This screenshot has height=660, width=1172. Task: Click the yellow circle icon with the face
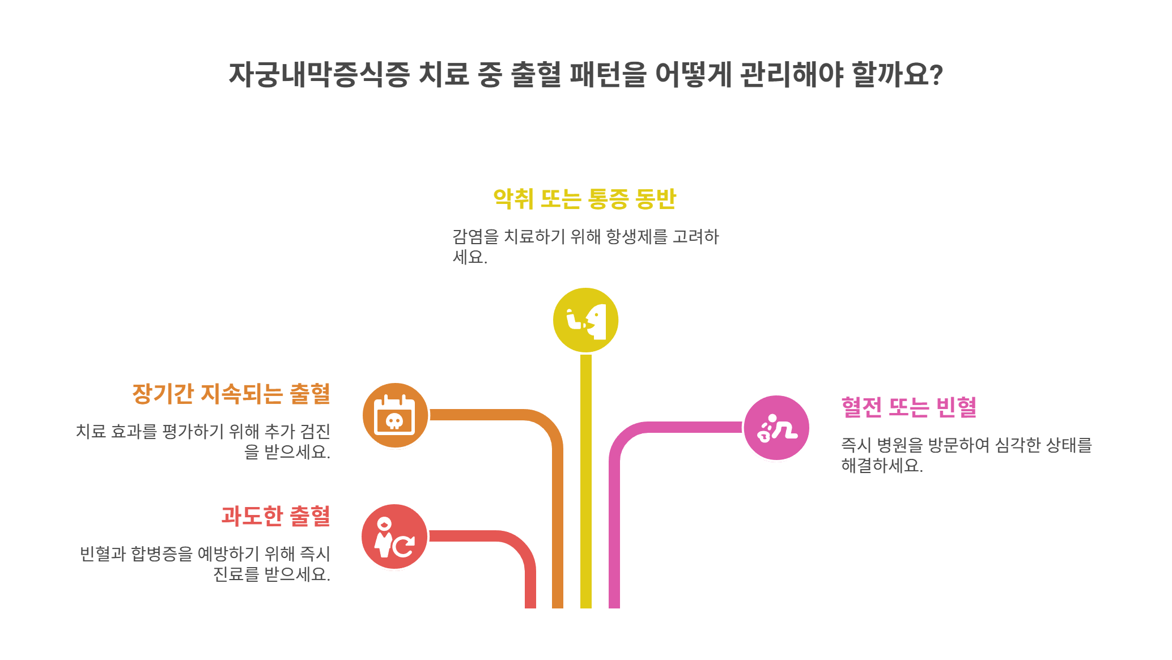pyautogui.click(x=585, y=320)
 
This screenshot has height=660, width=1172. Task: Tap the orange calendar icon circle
pyautogui.click(x=395, y=415)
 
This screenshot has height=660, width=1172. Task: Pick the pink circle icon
pyautogui.click(x=776, y=428)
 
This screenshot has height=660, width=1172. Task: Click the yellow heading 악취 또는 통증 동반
pyautogui.click(x=585, y=199)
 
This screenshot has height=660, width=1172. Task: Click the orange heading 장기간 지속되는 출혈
pyautogui.click(x=231, y=394)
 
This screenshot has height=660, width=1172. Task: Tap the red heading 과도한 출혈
pyautogui.click(x=275, y=516)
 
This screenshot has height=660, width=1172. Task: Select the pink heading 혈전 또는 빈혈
pyautogui.click(x=908, y=407)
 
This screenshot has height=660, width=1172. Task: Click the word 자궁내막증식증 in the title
pyautogui.click(x=319, y=74)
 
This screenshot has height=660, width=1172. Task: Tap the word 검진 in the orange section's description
pyautogui.click(x=315, y=432)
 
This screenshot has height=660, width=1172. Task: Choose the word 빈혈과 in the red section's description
pyautogui.click(x=103, y=553)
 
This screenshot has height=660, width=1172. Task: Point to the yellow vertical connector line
pyautogui.click(x=585, y=482)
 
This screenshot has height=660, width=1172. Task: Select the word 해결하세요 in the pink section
pyautogui.click(x=881, y=466)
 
